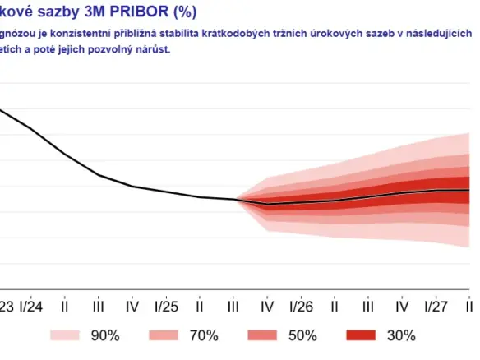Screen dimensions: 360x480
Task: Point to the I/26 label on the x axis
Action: (x=301, y=306)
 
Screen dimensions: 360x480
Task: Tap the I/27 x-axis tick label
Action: (x=436, y=306)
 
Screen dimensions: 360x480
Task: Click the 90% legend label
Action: (x=105, y=335)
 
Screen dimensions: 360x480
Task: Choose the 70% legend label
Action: (x=203, y=335)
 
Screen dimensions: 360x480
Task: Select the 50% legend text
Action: (x=302, y=335)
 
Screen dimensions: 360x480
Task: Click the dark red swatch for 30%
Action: (x=361, y=335)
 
